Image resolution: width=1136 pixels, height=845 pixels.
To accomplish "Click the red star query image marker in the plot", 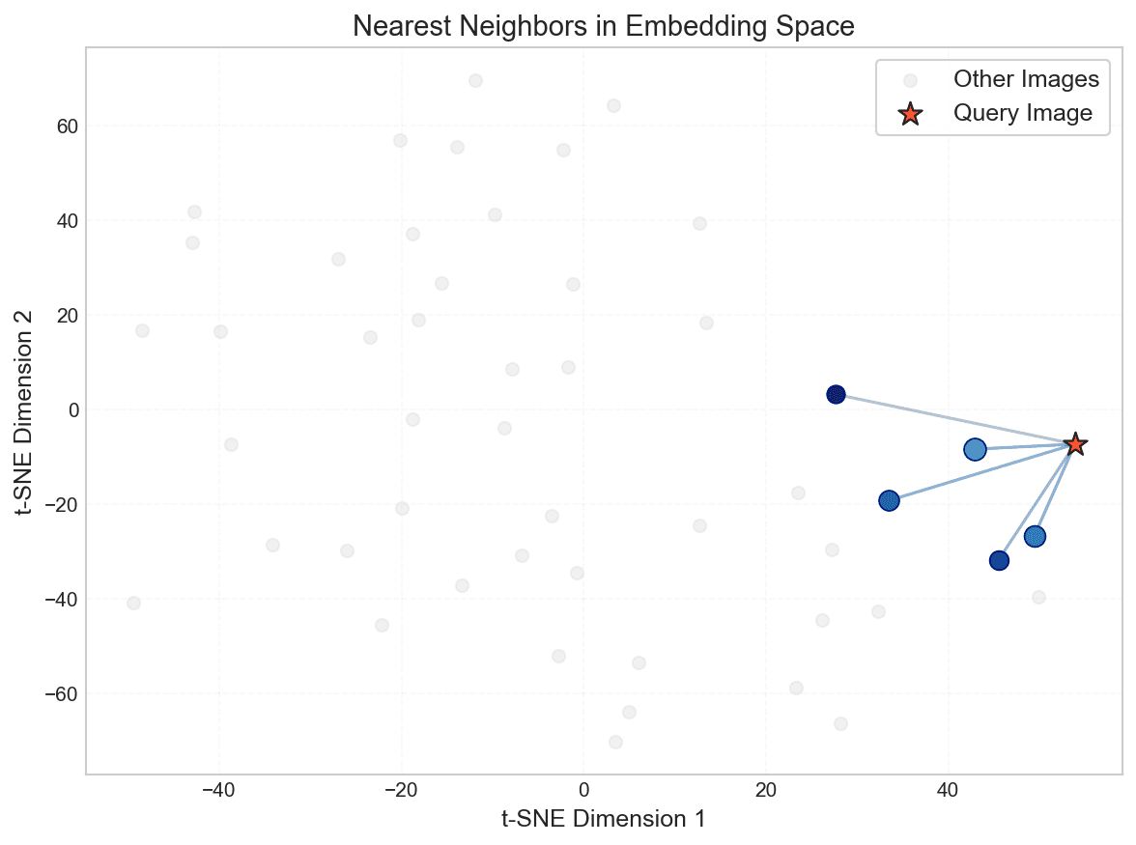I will [x=1075, y=444].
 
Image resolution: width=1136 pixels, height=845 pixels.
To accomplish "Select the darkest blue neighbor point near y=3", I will [x=836, y=394].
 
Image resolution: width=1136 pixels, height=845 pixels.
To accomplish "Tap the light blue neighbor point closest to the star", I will [x=975, y=449].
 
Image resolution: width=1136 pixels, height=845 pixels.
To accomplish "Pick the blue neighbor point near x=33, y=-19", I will [x=889, y=500].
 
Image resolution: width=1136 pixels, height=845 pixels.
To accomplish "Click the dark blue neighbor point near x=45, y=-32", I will [x=999, y=560].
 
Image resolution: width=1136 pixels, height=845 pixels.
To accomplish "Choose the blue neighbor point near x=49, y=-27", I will [x=1035, y=536].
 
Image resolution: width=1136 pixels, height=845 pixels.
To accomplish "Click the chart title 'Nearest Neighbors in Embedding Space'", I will [x=604, y=27].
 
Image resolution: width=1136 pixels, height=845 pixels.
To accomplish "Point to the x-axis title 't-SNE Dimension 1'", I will [x=604, y=819].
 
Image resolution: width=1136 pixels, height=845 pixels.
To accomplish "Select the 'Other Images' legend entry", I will [x=1026, y=79].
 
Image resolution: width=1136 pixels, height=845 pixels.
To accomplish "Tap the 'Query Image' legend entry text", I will [x=1023, y=113].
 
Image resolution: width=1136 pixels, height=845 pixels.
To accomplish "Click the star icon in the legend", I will [x=909, y=114].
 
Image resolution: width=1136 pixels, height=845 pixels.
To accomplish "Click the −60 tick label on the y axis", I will [x=60, y=693].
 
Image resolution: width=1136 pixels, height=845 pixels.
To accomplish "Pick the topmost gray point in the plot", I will [x=475, y=80].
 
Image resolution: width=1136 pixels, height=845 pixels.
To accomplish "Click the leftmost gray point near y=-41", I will [x=133, y=603].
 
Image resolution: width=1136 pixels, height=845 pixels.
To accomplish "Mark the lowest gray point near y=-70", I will [x=615, y=742].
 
